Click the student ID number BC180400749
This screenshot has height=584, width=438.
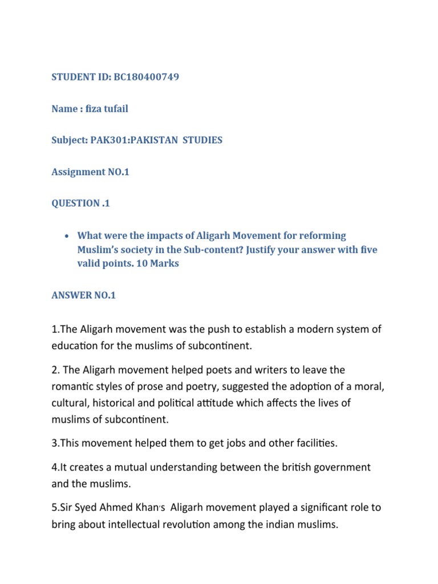pyautogui.click(x=143, y=76)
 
